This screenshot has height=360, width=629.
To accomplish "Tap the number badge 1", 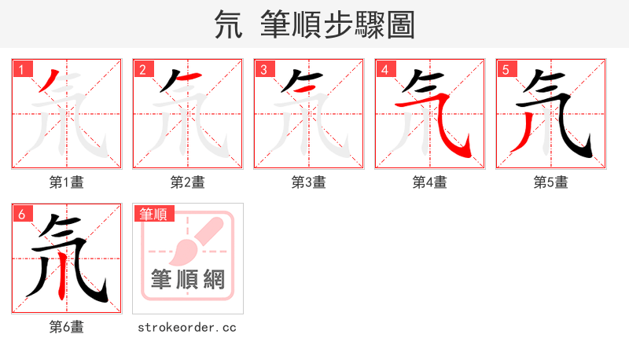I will coord(21,70).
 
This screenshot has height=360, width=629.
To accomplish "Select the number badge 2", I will coord(142,70).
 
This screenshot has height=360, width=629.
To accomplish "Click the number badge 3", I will coord(263,70).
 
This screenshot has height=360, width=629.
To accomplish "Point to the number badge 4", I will coord(384,70).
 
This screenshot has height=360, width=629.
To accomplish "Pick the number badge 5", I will coord(506,70).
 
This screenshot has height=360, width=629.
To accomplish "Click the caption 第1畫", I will coord(67,182).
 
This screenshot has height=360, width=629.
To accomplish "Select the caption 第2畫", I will coord(188,182).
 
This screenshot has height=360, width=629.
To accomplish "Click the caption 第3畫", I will coord(309,182).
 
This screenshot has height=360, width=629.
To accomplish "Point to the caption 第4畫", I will coord(430,182).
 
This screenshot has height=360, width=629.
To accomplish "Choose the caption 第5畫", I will coord(551,182).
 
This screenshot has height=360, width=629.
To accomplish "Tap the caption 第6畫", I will coord(67,327).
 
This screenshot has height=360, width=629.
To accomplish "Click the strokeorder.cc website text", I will coord(187,327).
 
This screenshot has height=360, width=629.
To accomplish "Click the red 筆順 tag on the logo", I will coord(153,214).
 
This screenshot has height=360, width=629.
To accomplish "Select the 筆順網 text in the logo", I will coord(188,279).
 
